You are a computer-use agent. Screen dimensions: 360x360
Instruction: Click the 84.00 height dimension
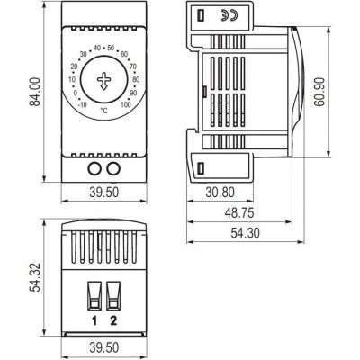[35, 92]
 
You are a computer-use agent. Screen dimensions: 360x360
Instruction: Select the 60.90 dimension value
[319, 92]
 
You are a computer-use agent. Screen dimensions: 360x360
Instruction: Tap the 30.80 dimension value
[220, 193]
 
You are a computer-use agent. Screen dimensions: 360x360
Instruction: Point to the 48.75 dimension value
[239, 212]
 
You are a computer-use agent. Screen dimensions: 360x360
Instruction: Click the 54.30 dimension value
[246, 233]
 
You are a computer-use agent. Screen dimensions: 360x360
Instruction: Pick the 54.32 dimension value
[35, 277]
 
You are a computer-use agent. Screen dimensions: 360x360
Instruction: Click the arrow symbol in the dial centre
[103, 81]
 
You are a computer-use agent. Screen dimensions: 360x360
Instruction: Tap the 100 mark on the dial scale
[126, 104]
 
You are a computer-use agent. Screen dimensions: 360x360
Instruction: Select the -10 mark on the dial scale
[82, 104]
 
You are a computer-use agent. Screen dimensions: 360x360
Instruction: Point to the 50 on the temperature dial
[111, 48]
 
